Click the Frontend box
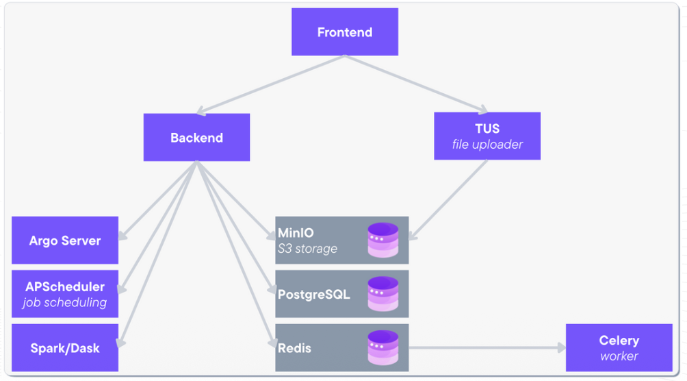[345, 32]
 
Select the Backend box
[196, 138]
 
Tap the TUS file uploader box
[487, 136]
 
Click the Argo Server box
[65, 241]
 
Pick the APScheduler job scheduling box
[65, 294]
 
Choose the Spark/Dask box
[65, 348]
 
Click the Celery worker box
[619, 348]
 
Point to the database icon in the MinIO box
[383, 240]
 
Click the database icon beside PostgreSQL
[383, 294]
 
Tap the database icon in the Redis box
[383, 347]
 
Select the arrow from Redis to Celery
[486, 348]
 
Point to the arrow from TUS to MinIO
[449, 199]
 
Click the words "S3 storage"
[307, 248]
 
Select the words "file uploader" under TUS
[487, 145]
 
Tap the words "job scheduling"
[65, 302]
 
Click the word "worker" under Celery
[619, 356]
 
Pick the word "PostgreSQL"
[313, 295]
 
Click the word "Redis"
[294, 348]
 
